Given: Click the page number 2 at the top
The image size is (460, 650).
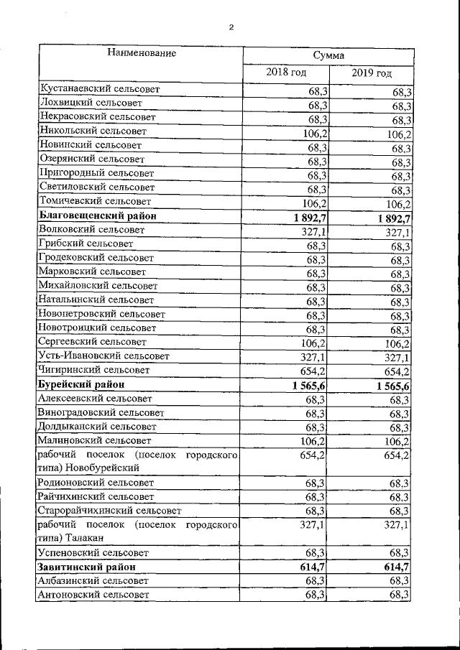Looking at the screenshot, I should tap(231, 28).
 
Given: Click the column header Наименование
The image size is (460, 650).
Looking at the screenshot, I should tap(142, 53).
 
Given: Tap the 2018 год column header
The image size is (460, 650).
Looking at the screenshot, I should tap(286, 73).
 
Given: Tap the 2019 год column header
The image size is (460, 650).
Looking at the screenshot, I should tap(372, 73).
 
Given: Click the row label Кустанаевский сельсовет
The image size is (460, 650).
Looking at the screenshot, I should tap(100, 90).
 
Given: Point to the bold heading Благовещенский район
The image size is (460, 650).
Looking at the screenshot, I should tap(98, 215).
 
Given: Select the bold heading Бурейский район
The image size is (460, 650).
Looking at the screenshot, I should tap(84, 384).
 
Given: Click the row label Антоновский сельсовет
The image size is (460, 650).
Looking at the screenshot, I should tap(95, 595).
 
